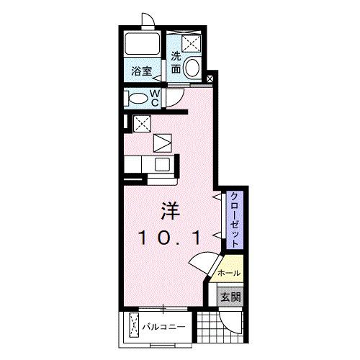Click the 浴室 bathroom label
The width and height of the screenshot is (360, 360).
pos(142,71)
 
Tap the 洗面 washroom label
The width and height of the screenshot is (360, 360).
pos(176,63)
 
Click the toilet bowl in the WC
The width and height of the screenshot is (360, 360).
pos(135,96)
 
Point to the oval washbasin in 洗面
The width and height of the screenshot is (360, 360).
pos(193,69)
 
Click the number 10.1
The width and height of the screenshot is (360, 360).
pos(169,237)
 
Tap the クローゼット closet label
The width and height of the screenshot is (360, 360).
pos(235,220)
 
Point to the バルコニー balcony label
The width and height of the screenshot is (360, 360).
pos(166,325)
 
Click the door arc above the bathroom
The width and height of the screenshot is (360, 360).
pos(147,21)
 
